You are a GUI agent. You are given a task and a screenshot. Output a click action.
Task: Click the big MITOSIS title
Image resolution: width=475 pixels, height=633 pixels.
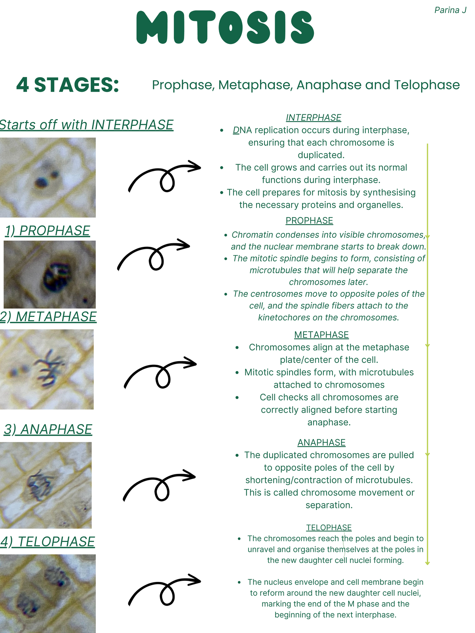coord(225,28)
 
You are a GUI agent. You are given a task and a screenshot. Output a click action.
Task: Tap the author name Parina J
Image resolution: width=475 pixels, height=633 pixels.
coord(450,10)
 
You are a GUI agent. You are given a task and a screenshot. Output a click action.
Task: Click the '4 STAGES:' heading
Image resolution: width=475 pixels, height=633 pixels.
coord(68,85)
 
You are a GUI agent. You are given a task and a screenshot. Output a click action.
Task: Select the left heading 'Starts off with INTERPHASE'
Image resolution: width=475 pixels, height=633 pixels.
coord(86,125)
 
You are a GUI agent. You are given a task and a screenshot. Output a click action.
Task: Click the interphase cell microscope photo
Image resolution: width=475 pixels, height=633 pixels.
coord(47,177)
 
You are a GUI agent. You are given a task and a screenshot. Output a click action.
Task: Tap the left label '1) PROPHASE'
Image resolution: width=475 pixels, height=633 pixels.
coord(47,230)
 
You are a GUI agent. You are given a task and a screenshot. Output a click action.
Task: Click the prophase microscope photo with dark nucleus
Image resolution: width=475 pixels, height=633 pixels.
coord(49,274)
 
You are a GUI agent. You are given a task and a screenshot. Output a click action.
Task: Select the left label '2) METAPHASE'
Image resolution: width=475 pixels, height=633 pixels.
coord(48,316)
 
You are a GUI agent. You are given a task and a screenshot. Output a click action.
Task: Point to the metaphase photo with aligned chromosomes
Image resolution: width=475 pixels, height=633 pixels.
coord(47,369)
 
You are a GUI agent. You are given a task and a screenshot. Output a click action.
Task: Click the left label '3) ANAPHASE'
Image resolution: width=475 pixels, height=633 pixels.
coord(48,429)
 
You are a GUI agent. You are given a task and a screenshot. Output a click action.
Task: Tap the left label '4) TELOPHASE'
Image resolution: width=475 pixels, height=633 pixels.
coord(47,541)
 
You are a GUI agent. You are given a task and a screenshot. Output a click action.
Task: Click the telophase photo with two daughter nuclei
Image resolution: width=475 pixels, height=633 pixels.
coord(47,593)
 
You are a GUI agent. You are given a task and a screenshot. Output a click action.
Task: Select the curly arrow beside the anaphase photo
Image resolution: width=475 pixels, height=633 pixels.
coord(159,486)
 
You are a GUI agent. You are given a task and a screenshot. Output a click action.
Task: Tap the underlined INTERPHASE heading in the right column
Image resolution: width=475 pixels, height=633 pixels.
coord(313,118)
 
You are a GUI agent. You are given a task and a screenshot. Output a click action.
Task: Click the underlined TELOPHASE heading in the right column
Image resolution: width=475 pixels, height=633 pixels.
coord(329,527)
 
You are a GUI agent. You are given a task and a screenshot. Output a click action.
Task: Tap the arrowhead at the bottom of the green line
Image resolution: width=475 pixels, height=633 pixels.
coord(427,562)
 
